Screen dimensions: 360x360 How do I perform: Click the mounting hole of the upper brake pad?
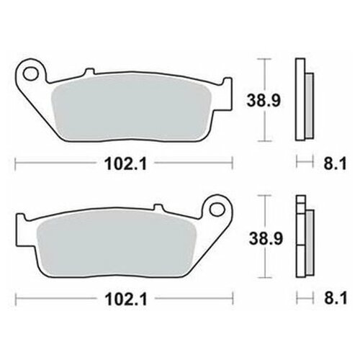pyautogui.click(x=30, y=74)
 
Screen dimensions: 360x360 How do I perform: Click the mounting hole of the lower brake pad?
pyautogui.click(x=217, y=210)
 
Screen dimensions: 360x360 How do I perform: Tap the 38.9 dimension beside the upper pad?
pyautogui.click(x=264, y=100)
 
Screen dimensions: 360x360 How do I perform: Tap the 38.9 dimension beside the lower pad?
pyautogui.click(x=266, y=238)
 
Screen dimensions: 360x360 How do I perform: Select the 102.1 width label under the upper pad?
pyautogui.click(x=125, y=164)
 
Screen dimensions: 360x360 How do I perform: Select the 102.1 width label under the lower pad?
pyautogui.click(x=126, y=300)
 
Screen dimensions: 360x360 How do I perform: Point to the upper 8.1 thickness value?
pyautogui.click(x=336, y=164)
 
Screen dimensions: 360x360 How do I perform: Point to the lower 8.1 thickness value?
pyautogui.click(x=336, y=299)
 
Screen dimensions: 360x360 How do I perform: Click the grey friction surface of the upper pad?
pyautogui.click(x=131, y=109)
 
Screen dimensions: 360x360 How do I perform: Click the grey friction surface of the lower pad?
pyautogui.click(x=117, y=244)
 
